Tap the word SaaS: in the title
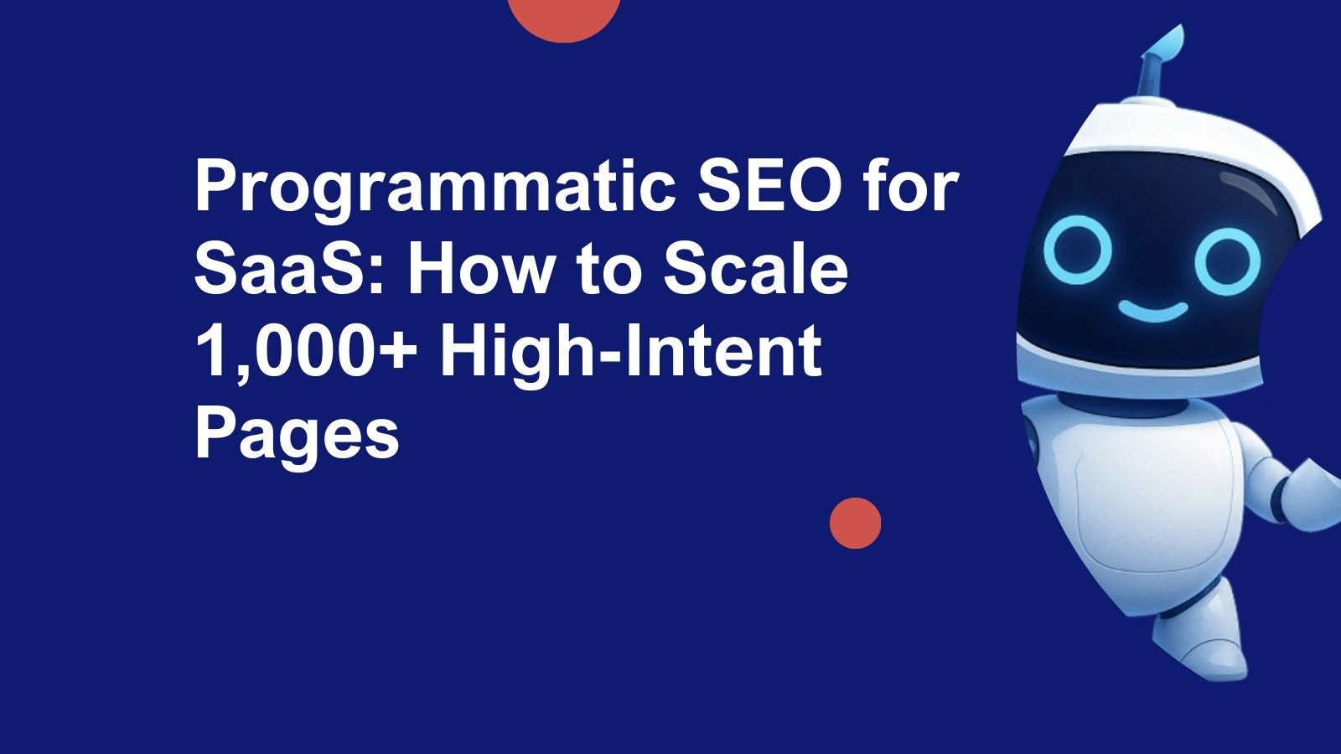[x=290, y=270]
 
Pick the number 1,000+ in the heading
[x=305, y=353]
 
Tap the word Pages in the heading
[x=297, y=436]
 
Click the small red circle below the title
[x=855, y=524]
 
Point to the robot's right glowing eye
[x=1226, y=260]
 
